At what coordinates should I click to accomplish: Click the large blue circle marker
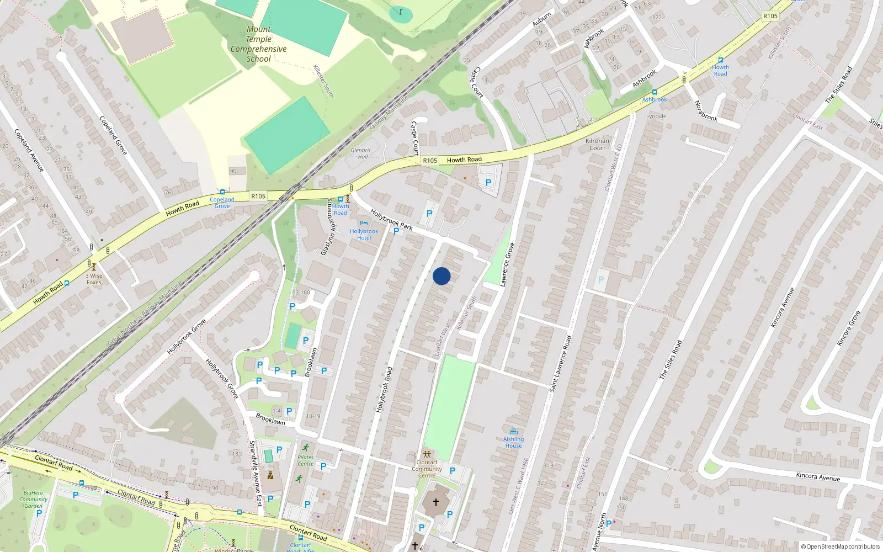(x=441, y=276)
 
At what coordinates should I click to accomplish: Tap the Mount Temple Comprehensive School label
(x=259, y=44)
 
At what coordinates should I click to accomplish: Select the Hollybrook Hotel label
(x=364, y=234)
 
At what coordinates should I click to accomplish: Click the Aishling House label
(x=513, y=442)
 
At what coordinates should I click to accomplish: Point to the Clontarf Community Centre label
(x=427, y=469)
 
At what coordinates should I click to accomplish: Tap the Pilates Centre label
(x=305, y=460)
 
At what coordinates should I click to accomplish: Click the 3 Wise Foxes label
(x=94, y=279)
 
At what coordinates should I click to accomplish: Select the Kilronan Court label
(x=597, y=144)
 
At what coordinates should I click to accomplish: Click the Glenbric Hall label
(x=361, y=153)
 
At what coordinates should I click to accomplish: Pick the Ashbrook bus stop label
(x=655, y=99)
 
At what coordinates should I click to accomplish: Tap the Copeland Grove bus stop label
(x=222, y=203)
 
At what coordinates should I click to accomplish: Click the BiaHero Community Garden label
(x=33, y=499)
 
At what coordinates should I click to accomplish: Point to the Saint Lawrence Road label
(x=560, y=364)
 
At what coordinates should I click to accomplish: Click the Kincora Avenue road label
(x=818, y=477)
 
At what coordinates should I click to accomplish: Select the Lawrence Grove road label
(x=507, y=264)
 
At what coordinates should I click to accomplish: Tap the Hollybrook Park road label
(x=391, y=219)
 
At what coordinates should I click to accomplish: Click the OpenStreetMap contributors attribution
(x=841, y=547)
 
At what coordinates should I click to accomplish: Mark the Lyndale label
(x=656, y=116)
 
